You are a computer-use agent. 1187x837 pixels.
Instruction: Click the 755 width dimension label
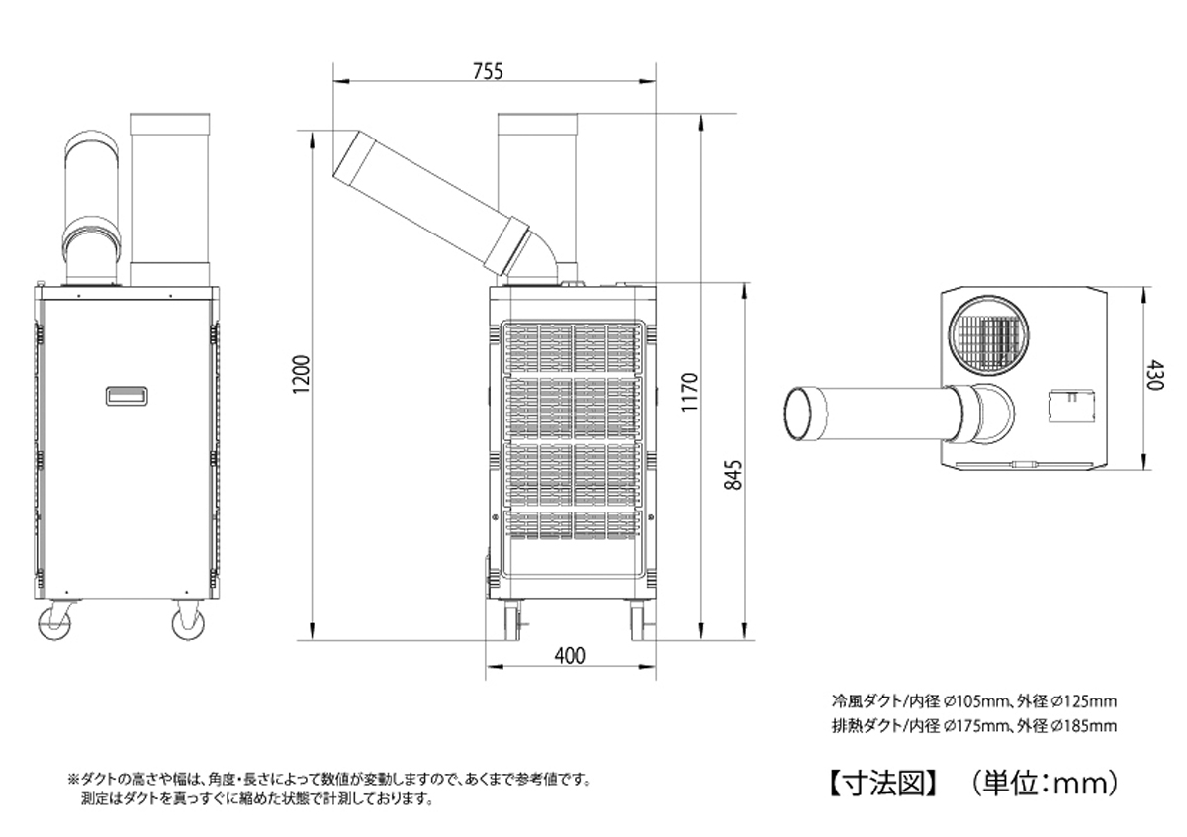[488, 71]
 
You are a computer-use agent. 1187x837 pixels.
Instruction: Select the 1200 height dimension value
[304, 374]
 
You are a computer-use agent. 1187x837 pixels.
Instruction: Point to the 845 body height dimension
[733, 475]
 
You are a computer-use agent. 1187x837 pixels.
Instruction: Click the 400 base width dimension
[570, 655]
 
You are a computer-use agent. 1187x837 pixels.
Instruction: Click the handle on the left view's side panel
[127, 395]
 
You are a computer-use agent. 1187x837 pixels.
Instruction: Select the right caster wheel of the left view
[187, 623]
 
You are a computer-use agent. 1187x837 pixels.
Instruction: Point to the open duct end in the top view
[802, 415]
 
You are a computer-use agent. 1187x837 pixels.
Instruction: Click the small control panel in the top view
[1069, 405]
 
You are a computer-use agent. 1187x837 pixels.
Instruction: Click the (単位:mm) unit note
[1040, 784]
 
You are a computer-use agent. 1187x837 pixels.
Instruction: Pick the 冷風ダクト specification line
[973, 701]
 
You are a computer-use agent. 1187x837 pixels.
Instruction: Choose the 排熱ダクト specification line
[973, 726]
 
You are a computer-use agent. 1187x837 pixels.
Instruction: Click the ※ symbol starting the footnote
[72, 779]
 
